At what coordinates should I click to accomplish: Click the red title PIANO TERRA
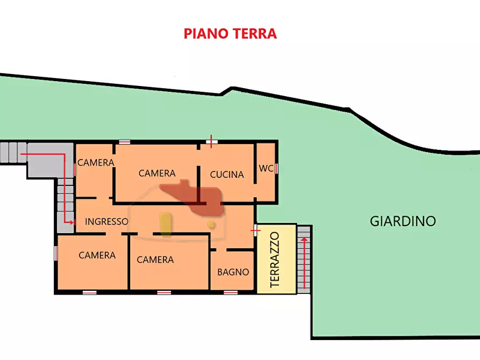pyautogui.click(x=230, y=34)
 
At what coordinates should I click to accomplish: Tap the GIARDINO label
pyautogui.click(x=403, y=221)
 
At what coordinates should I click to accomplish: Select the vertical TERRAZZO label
pyautogui.click(x=275, y=260)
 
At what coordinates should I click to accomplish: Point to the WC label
pyautogui.click(x=266, y=168)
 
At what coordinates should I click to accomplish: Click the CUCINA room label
pyautogui.click(x=227, y=174)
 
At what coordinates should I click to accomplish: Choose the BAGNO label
pyautogui.click(x=233, y=272)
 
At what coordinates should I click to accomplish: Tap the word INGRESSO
pyautogui.click(x=106, y=221)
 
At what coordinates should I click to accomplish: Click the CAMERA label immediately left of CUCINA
pyautogui.click(x=157, y=173)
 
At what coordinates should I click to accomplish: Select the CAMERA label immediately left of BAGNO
pyautogui.click(x=155, y=260)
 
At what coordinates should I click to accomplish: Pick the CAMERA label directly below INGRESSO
pyautogui.click(x=97, y=255)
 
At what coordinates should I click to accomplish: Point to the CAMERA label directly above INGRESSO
pyautogui.click(x=96, y=162)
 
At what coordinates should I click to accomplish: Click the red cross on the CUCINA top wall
pyautogui.click(x=211, y=142)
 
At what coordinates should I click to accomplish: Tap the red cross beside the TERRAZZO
pyautogui.click(x=256, y=230)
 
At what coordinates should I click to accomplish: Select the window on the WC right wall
pyautogui.click(x=277, y=168)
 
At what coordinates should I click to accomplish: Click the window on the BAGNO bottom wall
pyautogui.click(x=231, y=292)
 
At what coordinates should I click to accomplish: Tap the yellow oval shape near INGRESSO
pyautogui.click(x=166, y=224)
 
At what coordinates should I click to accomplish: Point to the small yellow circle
pyautogui.click(x=211, y=224)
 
